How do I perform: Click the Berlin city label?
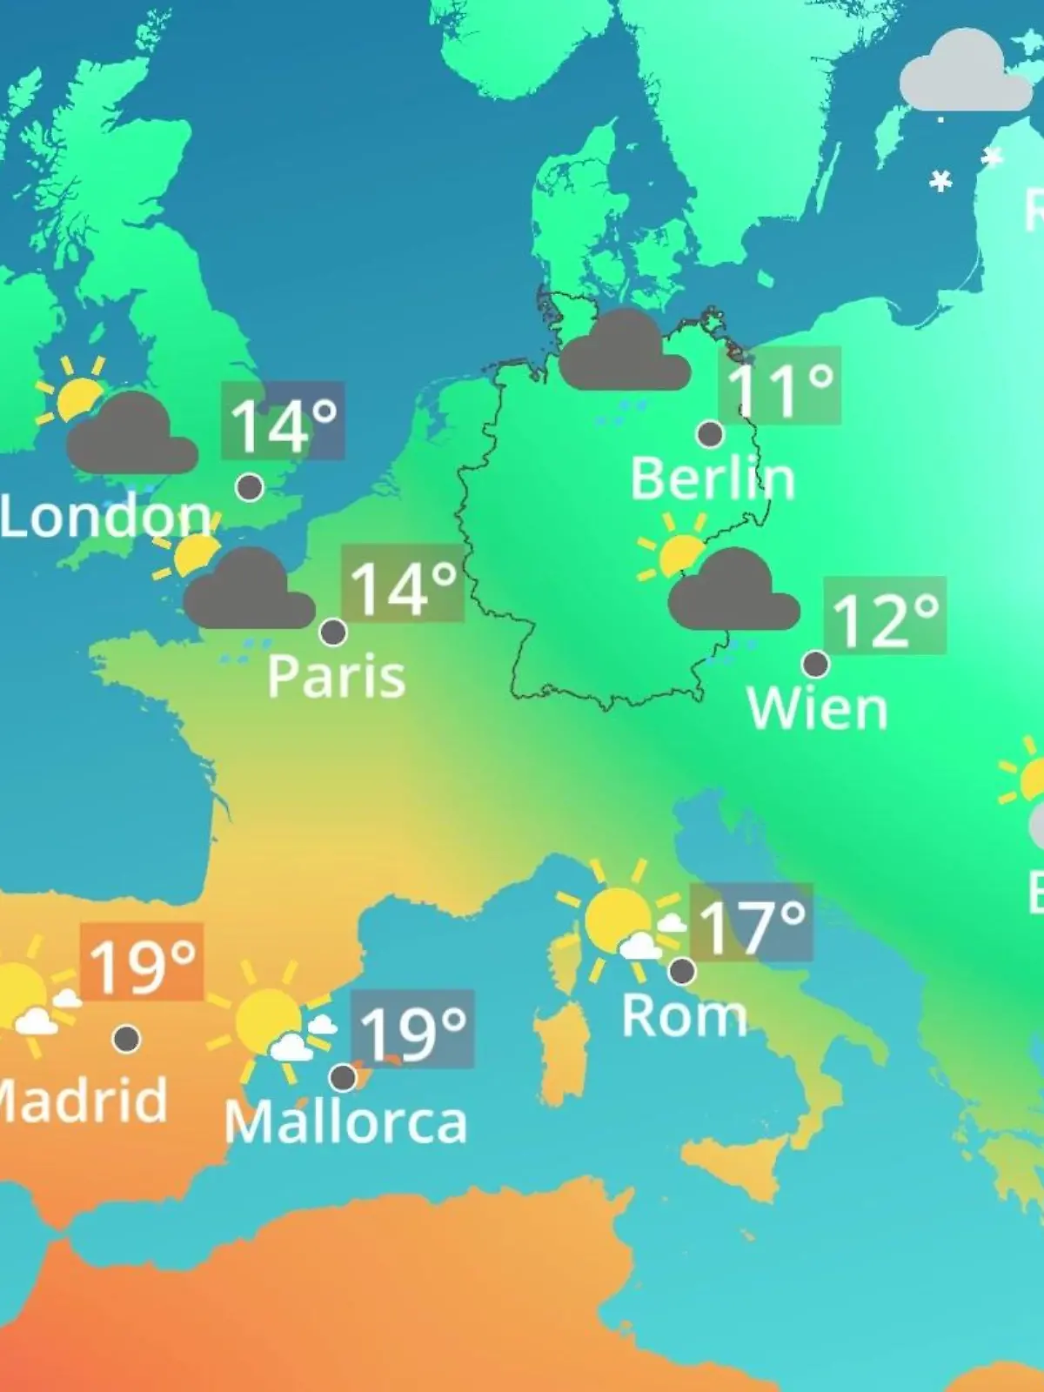point(712,479)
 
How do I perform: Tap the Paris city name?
point(336,676)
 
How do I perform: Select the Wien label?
point(817,709)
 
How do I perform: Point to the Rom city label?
point(684,1015)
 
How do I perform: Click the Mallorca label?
point(345,1122)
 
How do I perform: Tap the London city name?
point(104,517)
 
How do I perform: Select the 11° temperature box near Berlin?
point(780,386)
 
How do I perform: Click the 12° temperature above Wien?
point(885,616)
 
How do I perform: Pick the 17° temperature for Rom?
point(751,923)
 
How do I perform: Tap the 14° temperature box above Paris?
point(402,584)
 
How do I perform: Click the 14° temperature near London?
point(283,421)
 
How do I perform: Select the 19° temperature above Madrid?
point(142,962)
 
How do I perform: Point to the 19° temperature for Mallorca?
point(412,1029)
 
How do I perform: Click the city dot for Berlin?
point(711,433)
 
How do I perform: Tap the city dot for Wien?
point(815,665)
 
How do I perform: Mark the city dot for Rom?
point(682,970)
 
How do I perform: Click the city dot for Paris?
point(333,632)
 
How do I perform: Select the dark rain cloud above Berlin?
point(624,352)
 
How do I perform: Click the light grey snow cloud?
point(964,74)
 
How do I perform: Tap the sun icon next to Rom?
point(619,919)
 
